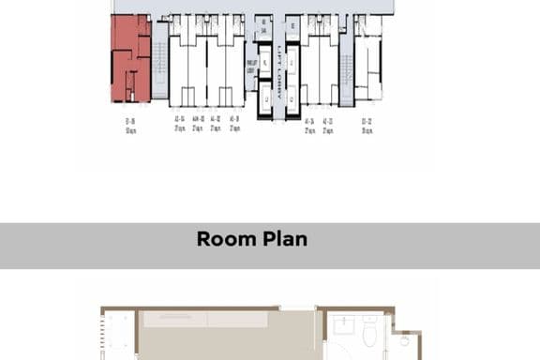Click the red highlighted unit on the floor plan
pyautogui.click(x=130, y=58)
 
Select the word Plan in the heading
pyautogui.click(x=283, y=239)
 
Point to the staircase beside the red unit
pyautogui.click(x=160, y=62)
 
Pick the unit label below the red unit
pyautogui.click(x=130, y=125)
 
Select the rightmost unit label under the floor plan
pyautogui.click(x=368, y=125)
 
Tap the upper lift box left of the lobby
pyautogui.click(x=264, y=63)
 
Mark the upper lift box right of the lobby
pyautogui.click(x=292, y=64)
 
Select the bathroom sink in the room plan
pyautogui.click(x=338, y=329)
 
